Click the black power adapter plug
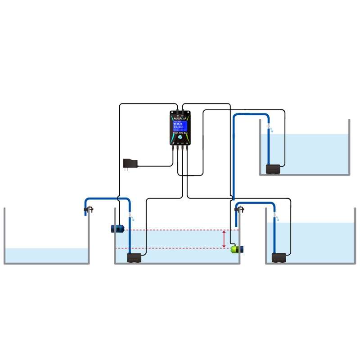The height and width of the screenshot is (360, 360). point(130,163)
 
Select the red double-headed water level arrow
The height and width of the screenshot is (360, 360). point(225,239)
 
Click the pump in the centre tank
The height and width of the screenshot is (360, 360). point(134,258)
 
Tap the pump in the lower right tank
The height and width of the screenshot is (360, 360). point(279,258)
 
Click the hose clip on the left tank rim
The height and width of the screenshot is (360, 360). point(89,209)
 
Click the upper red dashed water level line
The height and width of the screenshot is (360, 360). point(180,230)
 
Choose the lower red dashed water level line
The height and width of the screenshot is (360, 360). point(180,248)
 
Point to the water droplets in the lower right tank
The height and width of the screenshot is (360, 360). point(276,219)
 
